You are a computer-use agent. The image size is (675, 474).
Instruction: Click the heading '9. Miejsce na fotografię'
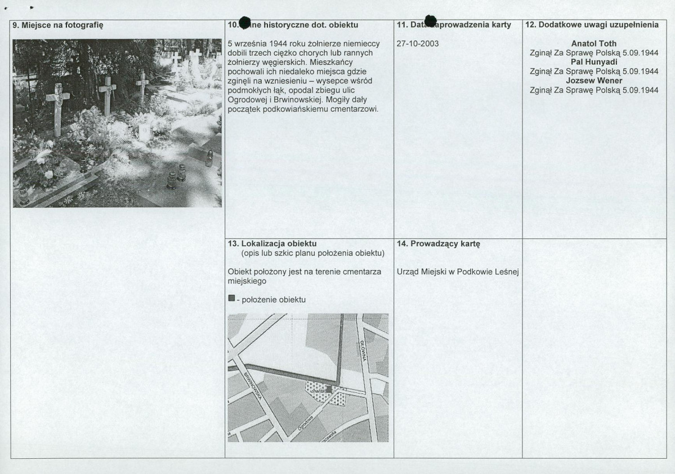click(58, 25)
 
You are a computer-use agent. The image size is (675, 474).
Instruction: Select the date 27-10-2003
click(418, 43)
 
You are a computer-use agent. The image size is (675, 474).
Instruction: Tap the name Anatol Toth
click(593, 43)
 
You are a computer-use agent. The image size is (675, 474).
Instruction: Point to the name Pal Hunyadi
click(593, 62)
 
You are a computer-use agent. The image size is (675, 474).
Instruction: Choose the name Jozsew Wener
click(594, 81)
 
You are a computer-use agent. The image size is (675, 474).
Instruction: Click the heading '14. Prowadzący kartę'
click(438, 244)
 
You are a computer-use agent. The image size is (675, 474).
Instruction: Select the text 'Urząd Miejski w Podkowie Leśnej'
click(457, 272)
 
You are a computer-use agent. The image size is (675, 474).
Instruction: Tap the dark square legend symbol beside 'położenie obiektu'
click(231, 299)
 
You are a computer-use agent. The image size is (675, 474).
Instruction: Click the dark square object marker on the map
click(329, 389)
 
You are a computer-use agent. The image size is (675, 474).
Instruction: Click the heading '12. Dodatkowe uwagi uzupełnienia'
click(592, 25)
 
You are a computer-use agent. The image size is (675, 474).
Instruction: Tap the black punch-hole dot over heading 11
click(431, 21)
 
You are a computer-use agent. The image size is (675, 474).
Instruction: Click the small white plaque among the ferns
click(145, 132)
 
